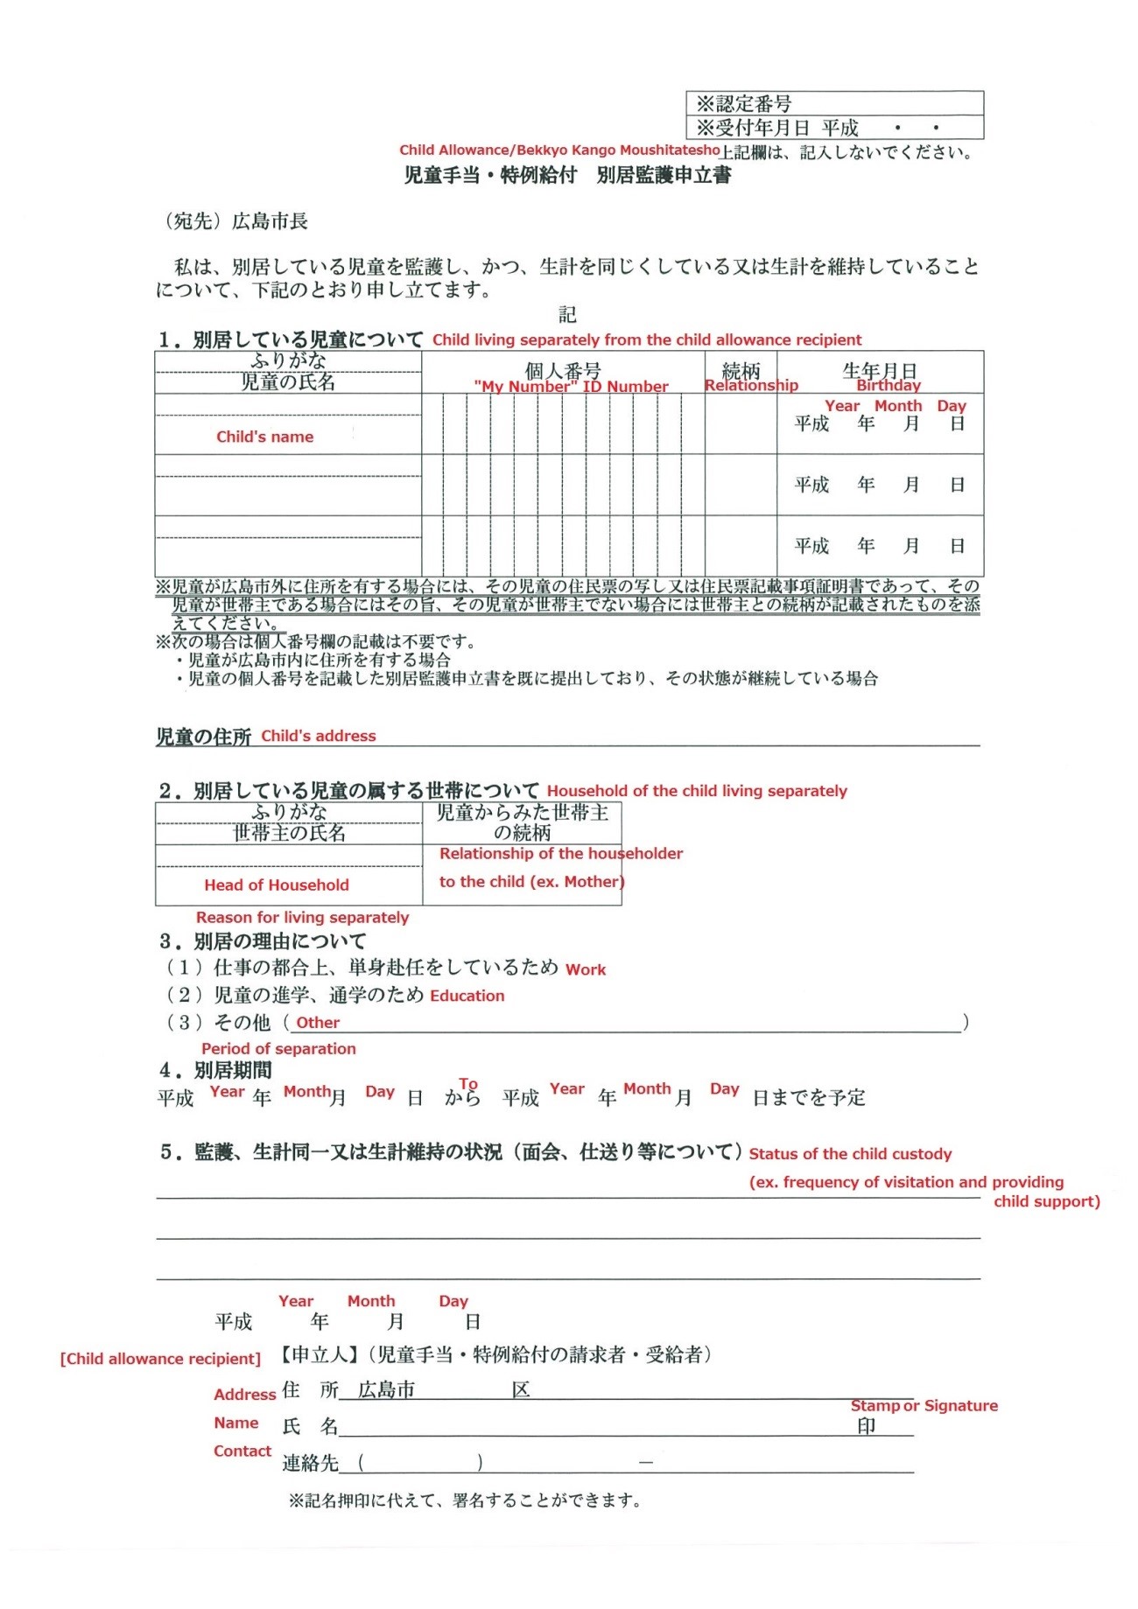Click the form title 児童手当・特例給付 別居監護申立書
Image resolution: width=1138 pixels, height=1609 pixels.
567,175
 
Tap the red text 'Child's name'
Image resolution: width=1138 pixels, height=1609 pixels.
264,437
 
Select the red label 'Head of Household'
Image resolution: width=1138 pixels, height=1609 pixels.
277,885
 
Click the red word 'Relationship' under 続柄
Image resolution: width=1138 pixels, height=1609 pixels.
751,385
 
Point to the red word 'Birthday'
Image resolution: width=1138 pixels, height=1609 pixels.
889,385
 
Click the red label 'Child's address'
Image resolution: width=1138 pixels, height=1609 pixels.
319,736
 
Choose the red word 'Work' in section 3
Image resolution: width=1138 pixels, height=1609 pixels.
586,969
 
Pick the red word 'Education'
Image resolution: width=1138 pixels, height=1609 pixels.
467,996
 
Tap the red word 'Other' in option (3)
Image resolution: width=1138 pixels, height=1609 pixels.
318,1023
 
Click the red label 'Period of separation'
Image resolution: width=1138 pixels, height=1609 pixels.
278,1048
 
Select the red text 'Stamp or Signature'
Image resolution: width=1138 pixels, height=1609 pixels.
924,1405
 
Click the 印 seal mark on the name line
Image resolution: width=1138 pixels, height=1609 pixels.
867,1426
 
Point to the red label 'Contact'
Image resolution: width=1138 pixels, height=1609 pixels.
242,1451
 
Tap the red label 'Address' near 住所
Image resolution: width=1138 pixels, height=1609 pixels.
245,1395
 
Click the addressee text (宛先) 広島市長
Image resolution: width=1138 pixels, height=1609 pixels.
236,221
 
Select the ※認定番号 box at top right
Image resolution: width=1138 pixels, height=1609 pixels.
834,103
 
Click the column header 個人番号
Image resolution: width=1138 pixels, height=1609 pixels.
563,370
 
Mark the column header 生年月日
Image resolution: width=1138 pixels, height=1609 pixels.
880,370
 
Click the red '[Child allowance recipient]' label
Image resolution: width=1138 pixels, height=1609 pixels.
160,1359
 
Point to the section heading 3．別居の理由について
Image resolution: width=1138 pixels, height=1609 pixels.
263,941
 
